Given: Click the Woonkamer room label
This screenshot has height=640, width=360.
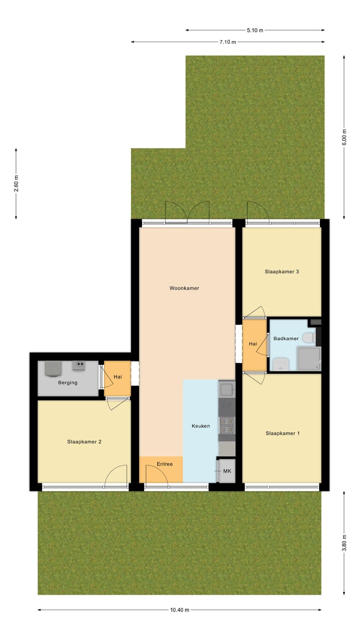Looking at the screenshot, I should (184, 288).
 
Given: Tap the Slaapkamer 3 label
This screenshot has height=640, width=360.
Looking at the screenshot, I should (282, 272).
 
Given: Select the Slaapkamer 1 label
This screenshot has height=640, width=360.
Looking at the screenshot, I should (282, 433).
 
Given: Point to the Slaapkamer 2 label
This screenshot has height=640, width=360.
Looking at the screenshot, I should (84, 441).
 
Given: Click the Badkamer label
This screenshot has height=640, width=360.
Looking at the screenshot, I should (286, 338).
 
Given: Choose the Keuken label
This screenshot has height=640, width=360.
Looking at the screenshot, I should (201, 426).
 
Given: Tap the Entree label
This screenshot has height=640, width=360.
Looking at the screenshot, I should (164, 464).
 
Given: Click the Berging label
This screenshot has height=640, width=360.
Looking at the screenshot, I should (67, 383).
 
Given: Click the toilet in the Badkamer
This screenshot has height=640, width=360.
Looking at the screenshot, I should (308, 338).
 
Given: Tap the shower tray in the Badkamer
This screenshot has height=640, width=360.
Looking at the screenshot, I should (308, 359).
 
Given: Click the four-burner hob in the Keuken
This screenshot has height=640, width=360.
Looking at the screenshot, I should (226, 425).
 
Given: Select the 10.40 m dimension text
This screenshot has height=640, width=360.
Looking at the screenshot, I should (179, 610).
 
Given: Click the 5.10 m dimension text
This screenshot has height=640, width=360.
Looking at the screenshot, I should (255, 30).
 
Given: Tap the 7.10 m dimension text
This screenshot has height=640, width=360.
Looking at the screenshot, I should (227, 42).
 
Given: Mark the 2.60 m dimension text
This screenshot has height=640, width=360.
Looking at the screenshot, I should (16, 183).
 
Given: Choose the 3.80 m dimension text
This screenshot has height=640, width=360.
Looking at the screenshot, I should (344, 542).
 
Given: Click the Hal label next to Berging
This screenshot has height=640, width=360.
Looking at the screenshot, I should (118, 376).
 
